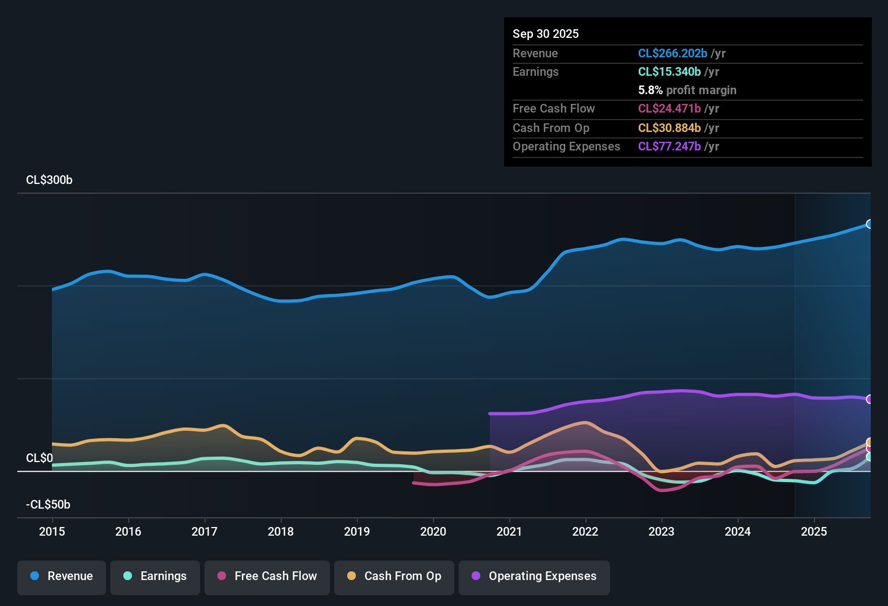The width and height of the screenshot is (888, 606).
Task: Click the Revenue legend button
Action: coord(62,576)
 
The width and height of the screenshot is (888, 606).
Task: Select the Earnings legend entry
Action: coord(155,576)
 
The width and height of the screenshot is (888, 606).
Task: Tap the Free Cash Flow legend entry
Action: coord(267,576)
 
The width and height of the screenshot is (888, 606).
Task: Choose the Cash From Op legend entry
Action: coord(394,576)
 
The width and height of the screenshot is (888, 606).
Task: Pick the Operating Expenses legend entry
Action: coord(534,576)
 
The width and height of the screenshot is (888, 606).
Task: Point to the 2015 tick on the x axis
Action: coord(52,531)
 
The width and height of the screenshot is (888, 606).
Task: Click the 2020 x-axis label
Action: coord(433,531)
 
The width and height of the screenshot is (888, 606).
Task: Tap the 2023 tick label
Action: coord(661,531)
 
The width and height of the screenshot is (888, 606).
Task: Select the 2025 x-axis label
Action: coord(814,531)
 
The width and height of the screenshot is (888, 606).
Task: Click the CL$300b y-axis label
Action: coord(49,180)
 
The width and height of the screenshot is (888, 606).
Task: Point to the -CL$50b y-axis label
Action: coord(48,505)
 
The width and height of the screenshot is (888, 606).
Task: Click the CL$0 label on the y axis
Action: coord(39,458)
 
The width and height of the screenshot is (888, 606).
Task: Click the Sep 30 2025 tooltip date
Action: coord(546,34)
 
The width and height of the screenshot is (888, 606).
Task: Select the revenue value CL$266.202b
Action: coord(673,54)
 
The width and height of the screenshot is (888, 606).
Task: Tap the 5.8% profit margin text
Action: coord(687,90)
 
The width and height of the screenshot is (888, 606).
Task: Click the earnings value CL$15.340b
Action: coord(670,72)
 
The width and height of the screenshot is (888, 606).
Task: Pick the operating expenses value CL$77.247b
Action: coord(670,147)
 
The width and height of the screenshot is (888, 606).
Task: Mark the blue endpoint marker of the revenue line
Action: coord(870,224)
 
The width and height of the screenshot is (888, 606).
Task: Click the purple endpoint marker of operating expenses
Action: coord(870,399)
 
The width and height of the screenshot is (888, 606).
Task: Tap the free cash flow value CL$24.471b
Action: coord(670,109)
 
